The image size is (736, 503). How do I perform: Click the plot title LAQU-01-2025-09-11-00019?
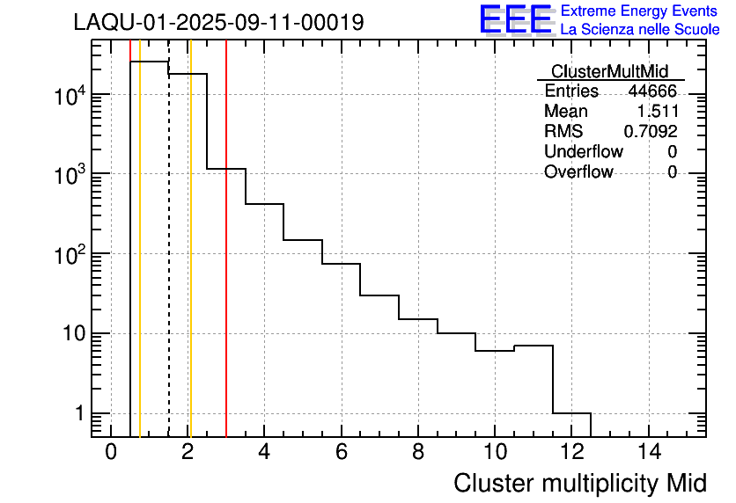click(218, 23)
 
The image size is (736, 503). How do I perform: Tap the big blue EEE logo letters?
click(516, 19)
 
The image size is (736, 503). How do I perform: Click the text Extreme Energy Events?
click(640, 11)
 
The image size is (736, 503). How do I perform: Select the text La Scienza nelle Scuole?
click(640, 30)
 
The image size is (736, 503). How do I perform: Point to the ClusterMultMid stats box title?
click(609, 71)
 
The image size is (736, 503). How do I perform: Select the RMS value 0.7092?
click(651, 132)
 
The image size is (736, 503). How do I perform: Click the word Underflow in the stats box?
click(583, 152)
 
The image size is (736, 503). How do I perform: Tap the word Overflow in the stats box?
click(578, 172)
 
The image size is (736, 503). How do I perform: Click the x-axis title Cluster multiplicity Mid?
click(579, 483)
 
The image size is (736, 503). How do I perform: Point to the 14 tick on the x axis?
click(648, 453)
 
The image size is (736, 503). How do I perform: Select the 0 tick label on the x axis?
click(111, 453)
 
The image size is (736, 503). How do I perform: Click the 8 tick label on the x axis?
click(418, 453)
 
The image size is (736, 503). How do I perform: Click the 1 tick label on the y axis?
click(79, 413)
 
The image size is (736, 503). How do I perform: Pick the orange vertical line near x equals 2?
click(190, 264)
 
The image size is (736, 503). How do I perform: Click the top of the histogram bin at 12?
click(571, 413)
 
